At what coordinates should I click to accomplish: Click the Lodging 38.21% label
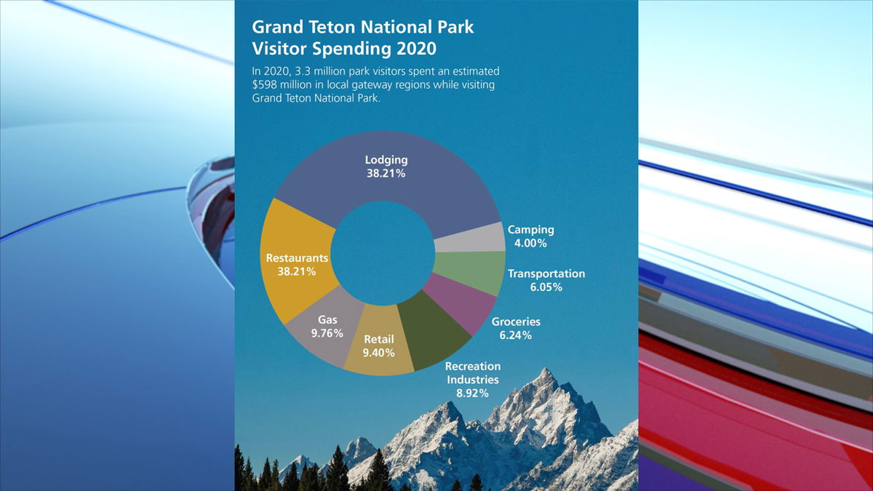pyautogui.click(x=386, y=167)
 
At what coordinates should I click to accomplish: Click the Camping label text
pyautogui.click(x=531, y=230)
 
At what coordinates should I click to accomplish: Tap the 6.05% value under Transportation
pyautogui.click(x=546, y=287)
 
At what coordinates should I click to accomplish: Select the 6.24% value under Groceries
pyautogui.click(x=516, y=335)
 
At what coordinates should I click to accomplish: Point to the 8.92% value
pyautogui.click(x=472, y=394)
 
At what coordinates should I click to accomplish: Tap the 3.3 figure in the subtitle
pyautogui.click(x=302, y=71)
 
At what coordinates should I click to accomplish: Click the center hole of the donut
pyautogui.click(x=383, y=253)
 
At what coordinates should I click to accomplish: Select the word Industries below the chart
pyautogui.click(x=473, y=380)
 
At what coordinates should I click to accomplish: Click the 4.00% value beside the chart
pyautogui.click(x=530, y=243)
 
